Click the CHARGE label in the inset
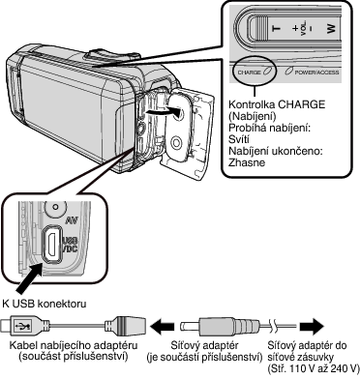pos(249,73)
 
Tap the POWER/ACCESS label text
pos(316,73)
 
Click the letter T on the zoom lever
pos(277,28)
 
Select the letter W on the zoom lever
pos(331,28)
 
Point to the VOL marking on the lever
pos(304,29)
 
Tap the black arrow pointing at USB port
pos(31,277)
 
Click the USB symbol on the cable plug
pos(24,326)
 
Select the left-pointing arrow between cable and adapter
pos(164,326)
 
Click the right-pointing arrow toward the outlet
pos(312,326)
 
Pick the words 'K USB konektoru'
pos(45,304)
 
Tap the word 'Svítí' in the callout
pos(239,139)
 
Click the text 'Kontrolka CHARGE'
pos(277,104)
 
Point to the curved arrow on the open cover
pos(163,112)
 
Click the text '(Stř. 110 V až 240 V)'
pos(314,368)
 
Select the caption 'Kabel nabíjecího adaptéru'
pos(74,345)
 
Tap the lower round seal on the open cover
pos(176,142)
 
